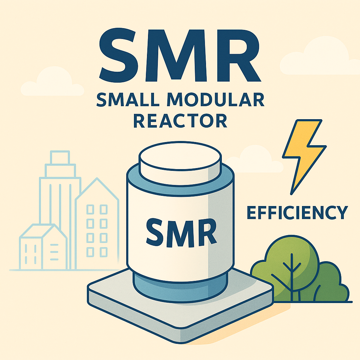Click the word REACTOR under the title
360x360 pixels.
pos(180,121)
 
